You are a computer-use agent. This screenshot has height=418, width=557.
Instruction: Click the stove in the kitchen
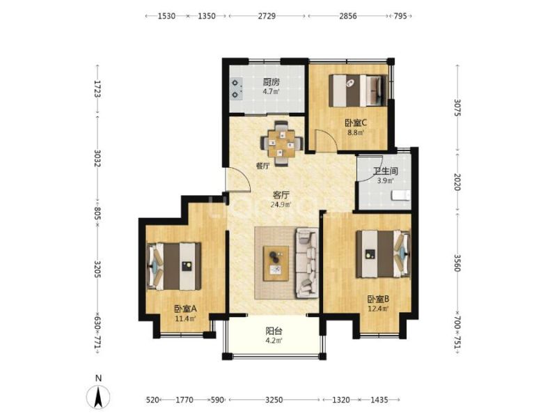(236, 89)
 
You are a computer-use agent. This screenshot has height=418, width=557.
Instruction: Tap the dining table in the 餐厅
(281, 144)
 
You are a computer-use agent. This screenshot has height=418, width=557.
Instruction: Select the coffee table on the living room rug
(276, 263)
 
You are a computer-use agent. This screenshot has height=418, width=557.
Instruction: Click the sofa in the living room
(306, 263)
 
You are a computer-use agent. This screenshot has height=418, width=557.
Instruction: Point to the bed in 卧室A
(174, 266)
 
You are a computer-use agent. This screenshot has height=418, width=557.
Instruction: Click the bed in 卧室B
(384, 254)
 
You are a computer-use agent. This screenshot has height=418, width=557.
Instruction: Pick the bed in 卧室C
(358, 91)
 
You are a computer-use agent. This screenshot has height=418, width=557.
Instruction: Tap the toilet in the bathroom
(401, 196)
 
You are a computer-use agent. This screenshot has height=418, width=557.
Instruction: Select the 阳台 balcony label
(274, 332)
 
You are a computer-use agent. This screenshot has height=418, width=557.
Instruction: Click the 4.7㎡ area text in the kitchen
(271, 91)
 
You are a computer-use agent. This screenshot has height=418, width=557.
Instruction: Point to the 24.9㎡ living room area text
(281, 204)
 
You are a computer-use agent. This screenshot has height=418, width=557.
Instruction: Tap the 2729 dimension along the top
(267, 16)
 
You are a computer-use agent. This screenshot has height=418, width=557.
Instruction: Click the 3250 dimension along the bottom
(274, 400)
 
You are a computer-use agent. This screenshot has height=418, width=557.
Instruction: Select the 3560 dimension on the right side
(457, 263)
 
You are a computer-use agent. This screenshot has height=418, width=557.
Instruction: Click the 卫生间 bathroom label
(385, 171)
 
